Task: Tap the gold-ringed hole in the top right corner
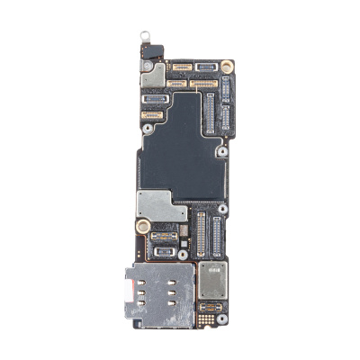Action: pos(227,65)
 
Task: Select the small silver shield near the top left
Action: pos(151,75)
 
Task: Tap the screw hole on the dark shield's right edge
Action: pos(220,153)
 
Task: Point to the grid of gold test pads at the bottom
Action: pos(209,318)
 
